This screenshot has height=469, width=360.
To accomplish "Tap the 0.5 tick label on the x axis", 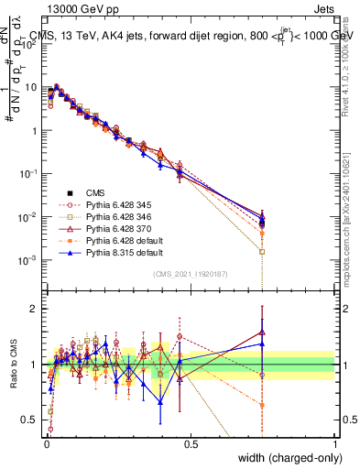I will point(191,443).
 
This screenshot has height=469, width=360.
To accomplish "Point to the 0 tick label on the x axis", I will point(46,443).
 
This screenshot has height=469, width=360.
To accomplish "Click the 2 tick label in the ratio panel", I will point(35,309).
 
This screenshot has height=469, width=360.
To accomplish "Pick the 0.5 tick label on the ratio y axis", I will point(30,420).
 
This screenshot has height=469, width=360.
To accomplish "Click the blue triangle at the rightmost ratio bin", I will point(263,344).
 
